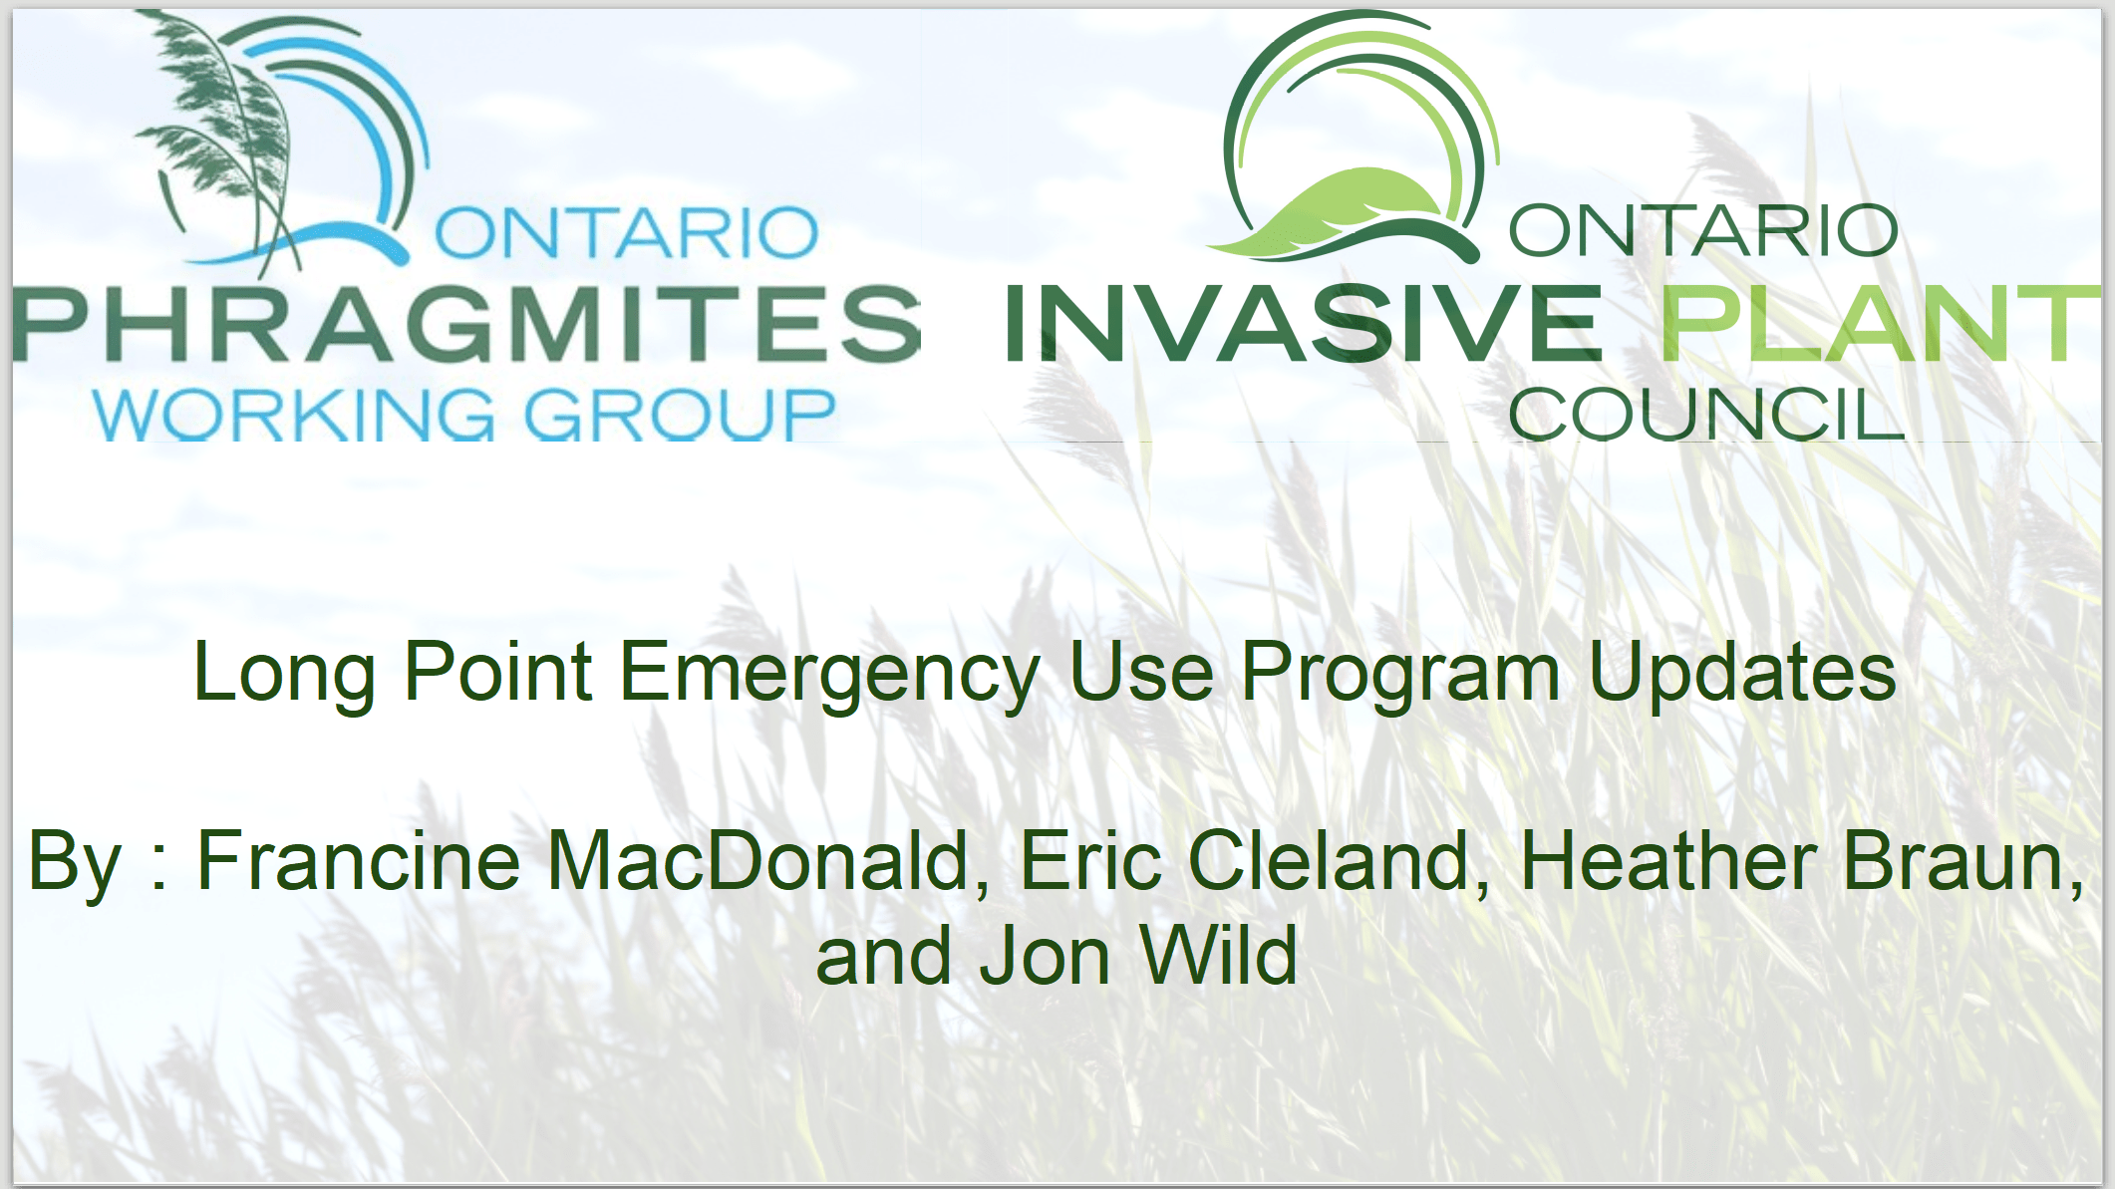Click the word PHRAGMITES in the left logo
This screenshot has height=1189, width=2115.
coord(466,323)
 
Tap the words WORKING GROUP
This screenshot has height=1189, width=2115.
coord(464,414)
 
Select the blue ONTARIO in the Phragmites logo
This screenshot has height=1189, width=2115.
coord(626,232)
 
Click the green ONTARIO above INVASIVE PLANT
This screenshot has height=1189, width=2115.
coord(1703,230)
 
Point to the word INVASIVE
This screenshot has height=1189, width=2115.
coord(1304,323)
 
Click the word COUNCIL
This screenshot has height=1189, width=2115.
coord(1706,414)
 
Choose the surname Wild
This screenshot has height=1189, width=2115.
coord(1218,955)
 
